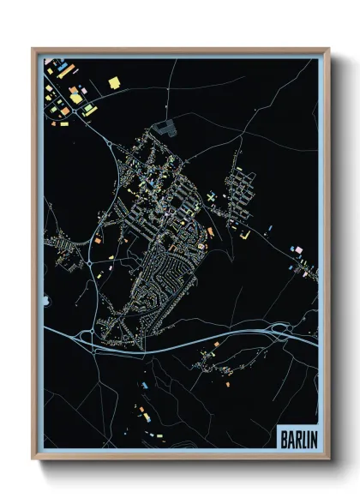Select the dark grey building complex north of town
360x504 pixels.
(164, 129)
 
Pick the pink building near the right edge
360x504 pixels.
(298, 249)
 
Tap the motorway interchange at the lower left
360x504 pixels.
(86, 337)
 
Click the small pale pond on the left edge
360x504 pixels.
(45, 299)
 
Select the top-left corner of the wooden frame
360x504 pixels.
(33, 49)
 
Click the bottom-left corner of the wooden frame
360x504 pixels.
(33, 459)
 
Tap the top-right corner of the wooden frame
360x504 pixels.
(328, 49)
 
